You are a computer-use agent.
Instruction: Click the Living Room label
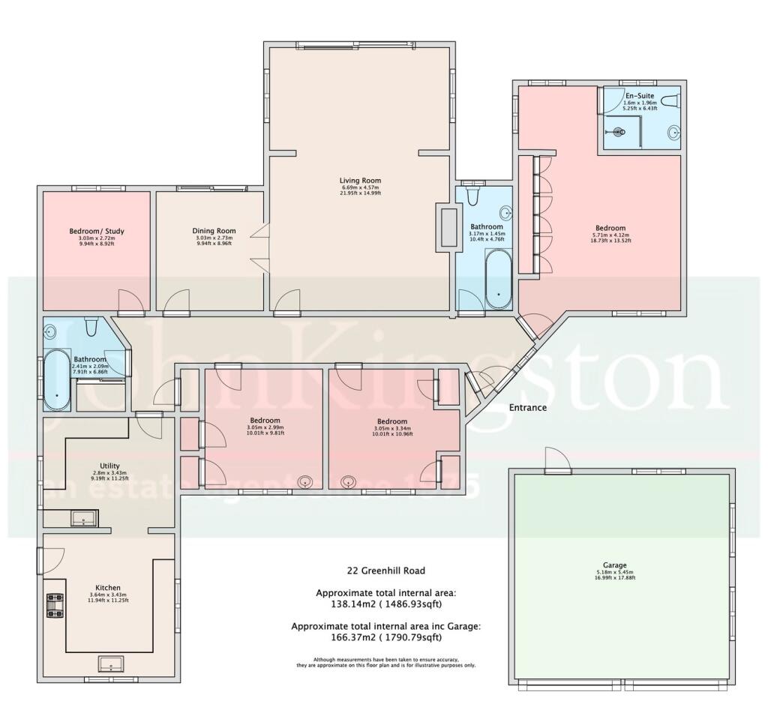click(360, 181)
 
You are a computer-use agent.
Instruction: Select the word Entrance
click(528, 408)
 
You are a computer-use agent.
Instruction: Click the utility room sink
click(83, 517)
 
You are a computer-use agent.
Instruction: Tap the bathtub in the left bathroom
click(56, 379)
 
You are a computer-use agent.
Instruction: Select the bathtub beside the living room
click(496, 278)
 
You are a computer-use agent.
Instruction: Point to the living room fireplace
click(448, 226)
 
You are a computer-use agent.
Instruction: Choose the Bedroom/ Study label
click(97, 231)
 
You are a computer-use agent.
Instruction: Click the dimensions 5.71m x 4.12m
click(610, 236)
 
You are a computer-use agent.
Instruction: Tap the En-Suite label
click(640, 97)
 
